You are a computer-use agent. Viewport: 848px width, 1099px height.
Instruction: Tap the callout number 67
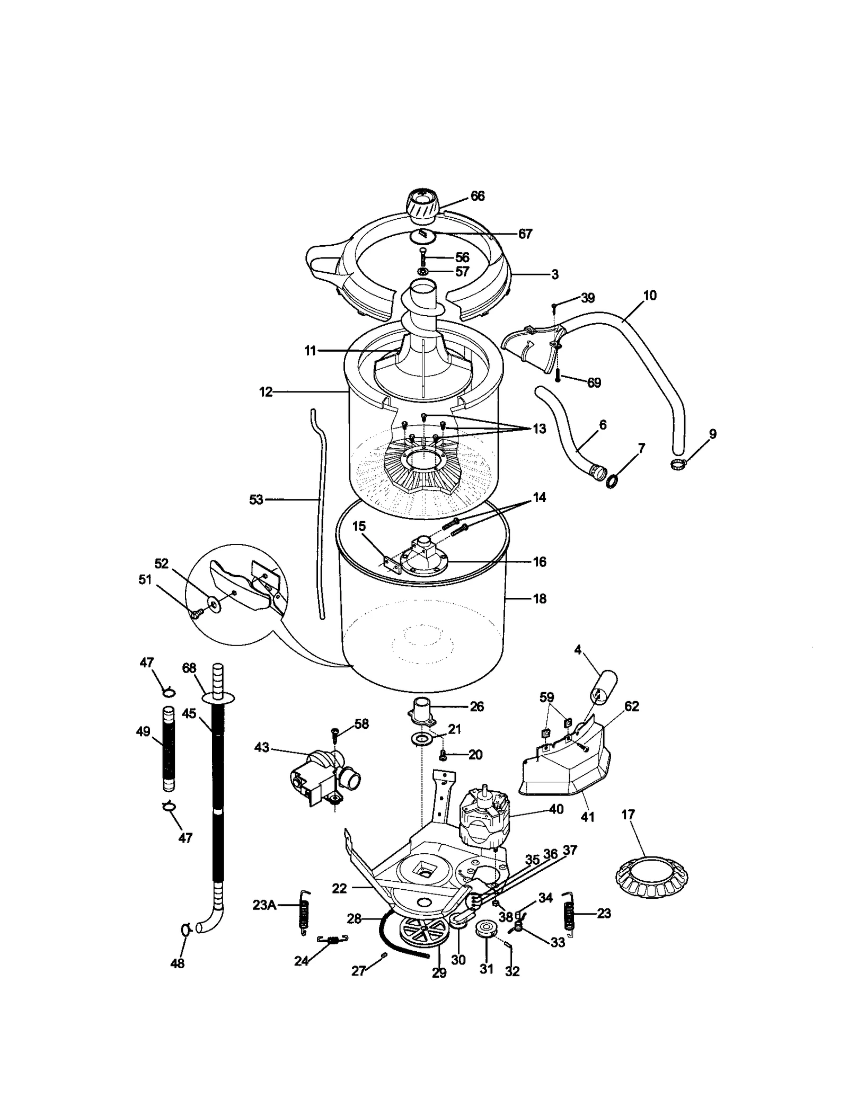pyautogui.click(x=525, y=234)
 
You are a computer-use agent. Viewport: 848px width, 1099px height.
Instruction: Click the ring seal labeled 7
pyautogui.click(x=613, y=481)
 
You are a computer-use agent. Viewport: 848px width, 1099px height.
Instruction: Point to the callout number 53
pyautogui.click(x=257, y=499)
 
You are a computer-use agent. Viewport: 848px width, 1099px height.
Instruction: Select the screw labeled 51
pyautogui.click(x=197, y=613)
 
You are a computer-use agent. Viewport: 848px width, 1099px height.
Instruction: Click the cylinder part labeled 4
pyautogui.click(x=604, y=687)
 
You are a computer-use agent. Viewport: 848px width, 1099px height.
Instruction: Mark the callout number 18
pyautogui.click(x=539, y=598)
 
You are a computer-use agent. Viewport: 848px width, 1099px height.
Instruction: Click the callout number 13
pyautogui.click(x=539, y=428)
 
